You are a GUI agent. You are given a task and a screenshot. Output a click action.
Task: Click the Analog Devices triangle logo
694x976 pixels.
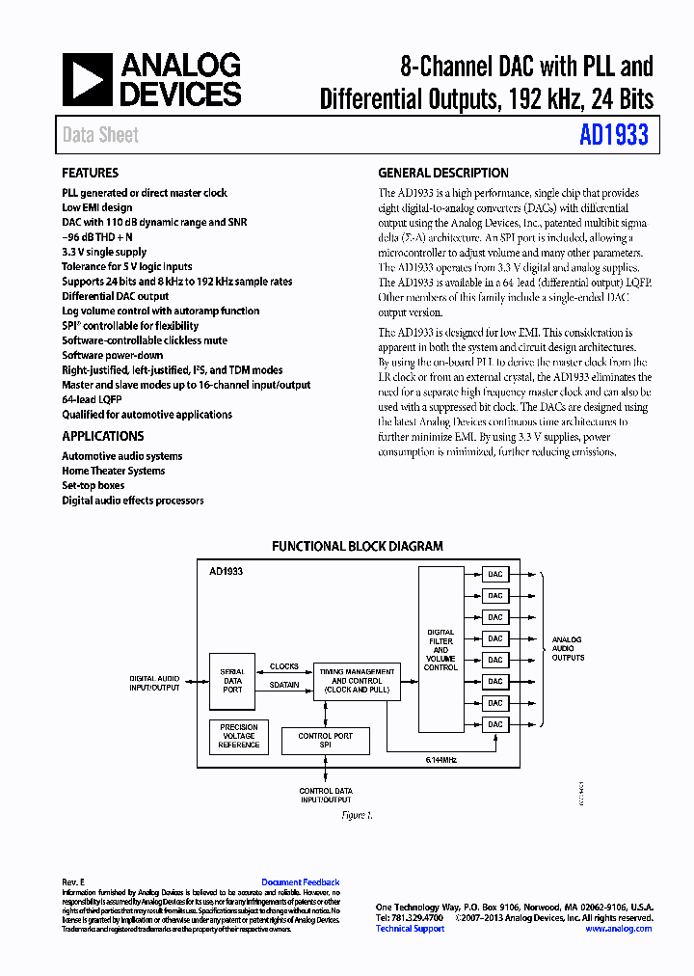(88, 79)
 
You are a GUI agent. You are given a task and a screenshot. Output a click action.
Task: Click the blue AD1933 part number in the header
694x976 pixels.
(613, 135)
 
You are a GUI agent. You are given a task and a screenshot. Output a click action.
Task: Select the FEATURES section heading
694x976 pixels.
(90, 174)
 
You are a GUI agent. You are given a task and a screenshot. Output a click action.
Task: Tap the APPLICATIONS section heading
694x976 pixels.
(102, 436)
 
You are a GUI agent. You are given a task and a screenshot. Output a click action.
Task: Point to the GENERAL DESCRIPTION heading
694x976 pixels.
(442, 174)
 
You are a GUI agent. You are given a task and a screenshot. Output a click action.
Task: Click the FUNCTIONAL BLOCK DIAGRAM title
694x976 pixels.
(358, 546)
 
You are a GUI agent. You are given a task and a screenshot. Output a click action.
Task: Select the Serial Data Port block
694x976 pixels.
(232, 680)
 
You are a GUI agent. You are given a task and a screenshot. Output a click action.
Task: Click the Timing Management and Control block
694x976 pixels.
(357, 680)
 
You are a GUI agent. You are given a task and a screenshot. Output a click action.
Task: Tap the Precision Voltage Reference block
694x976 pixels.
(239, 736)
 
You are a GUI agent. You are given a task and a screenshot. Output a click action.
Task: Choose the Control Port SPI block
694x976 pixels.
(325, 741)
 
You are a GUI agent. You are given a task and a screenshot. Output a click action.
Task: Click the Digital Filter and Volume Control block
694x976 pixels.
(440, 650)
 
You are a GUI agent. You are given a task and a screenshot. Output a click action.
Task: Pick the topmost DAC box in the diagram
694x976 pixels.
(494, 575)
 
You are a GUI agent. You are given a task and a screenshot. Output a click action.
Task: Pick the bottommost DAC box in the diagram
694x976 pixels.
(494, 723)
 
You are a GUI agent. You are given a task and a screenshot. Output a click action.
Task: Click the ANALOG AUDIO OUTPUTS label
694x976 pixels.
(567, 648)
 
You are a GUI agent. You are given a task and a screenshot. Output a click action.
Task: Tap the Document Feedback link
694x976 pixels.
(300, 882)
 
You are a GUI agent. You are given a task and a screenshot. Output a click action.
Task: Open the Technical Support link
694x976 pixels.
(410, 929)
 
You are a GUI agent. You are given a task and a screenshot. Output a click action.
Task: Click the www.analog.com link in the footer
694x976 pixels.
(618, 929)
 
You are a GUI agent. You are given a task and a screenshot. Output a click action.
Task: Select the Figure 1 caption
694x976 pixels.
(357, 815)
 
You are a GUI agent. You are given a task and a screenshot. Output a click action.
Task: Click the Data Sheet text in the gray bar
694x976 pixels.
(100, 135)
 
